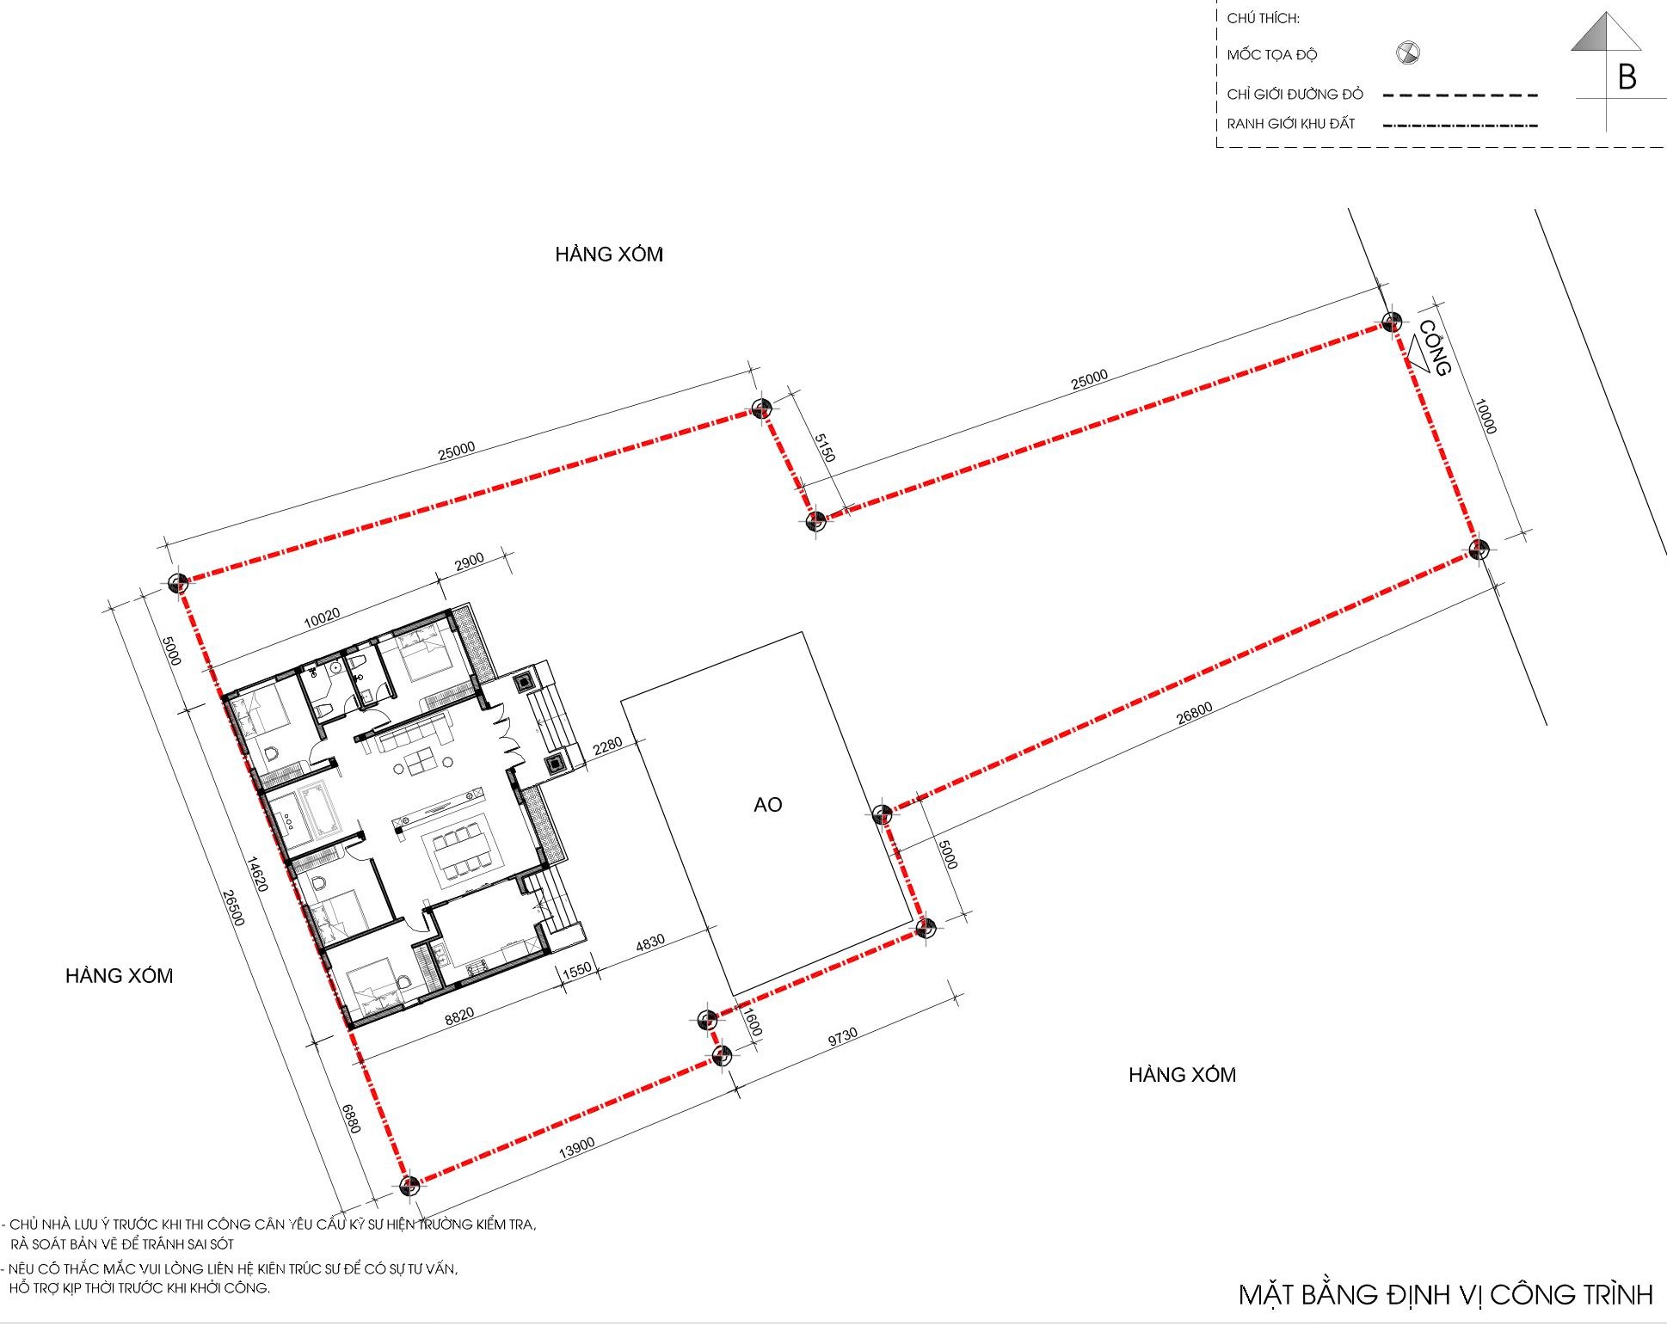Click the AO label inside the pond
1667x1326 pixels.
pos(767,804)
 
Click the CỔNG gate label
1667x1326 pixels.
pos(1434,348)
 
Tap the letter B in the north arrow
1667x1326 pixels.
pos(1626,77)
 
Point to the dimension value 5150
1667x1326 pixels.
pos(824,448)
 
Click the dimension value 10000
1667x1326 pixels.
pos(1486,416)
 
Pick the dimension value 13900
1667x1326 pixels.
pos(576,1147)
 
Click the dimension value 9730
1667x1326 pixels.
pos(842,1036)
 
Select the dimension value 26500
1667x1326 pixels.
pos(233,908)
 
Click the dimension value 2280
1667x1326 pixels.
pos(607,746)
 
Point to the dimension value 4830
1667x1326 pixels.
pos(649,943)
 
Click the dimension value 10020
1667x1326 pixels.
pos(323,617)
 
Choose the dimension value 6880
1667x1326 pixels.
pos(351,1118)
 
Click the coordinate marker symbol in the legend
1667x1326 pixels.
pos(1407,53)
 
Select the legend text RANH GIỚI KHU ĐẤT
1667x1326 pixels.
pos(1290,124)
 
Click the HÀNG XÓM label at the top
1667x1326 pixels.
pos(609,254)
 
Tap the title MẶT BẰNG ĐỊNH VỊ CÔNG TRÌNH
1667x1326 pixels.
pos(1445,1294)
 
